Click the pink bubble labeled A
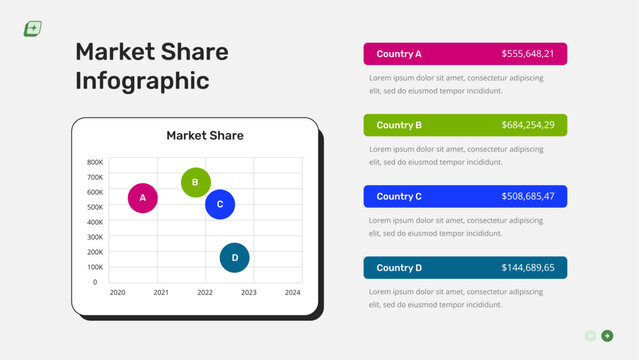(x=143, y=198)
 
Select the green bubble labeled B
(x=196, y=182)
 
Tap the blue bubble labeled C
(x=220, y=204)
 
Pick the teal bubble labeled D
(x=235, y=257)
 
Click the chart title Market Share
(x=205, y=136)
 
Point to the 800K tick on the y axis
(x=95, y=162)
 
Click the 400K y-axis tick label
(x=95, y=222)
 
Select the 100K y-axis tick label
(x=95, y=267)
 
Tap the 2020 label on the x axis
(x=117, y=293)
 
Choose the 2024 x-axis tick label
(x=292, y=293)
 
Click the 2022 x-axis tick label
(x=205, y=293)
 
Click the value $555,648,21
(x=528, y=54)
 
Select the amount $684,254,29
(x=528, y=125)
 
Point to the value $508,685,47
(x=528, y=197)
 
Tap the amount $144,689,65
(x=528, y=268)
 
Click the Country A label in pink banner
(x=399, y=54)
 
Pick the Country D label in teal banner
(x=399, y=268)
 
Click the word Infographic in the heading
(x=143, y=81)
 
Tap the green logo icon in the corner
(x=32, y=29)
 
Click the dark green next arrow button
(x=607, y=336)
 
